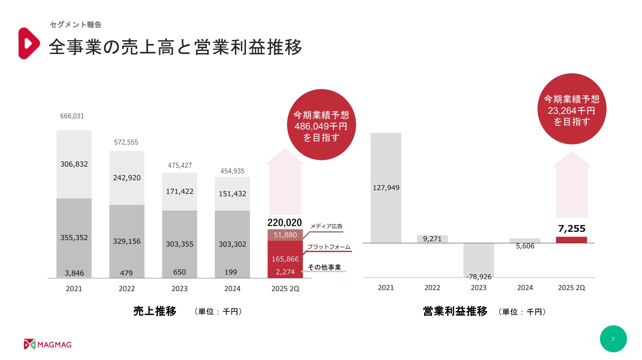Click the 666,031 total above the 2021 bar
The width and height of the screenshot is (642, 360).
click(x=72, y=116)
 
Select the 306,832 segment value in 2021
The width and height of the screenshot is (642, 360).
click(x=74, y=164)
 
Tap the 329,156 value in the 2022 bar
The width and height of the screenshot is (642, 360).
click(x=127, y=241)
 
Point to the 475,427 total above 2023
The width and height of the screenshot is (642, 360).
click(x=180, y=165)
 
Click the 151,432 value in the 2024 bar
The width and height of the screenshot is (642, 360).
click(x=232, y=194)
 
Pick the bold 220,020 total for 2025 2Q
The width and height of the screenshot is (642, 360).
click(x=285, y=223)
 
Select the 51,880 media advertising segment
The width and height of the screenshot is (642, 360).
click(x=285, y=235)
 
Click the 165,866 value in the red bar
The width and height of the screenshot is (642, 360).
click(x=285, y=259)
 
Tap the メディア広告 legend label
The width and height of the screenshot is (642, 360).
click(x=326, y=226)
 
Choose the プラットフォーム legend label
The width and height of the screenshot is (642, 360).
click(x=329, y=247)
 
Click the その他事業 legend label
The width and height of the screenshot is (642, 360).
click(x=324, y=267)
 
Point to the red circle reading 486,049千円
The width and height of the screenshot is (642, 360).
click(x=321, y=125)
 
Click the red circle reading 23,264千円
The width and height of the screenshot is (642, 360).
click(x=571, y=109)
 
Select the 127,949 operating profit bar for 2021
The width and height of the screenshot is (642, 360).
click(x=386, y=188)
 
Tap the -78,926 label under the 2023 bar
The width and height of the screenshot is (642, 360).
click(x=479, y=277)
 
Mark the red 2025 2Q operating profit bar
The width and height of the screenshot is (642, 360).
click(x=571, y=240)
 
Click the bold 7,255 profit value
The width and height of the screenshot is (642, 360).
click(x=572, y=228)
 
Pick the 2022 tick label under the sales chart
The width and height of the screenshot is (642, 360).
click(x=127, y=289)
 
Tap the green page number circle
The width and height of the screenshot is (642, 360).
click(x=613, y=339)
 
